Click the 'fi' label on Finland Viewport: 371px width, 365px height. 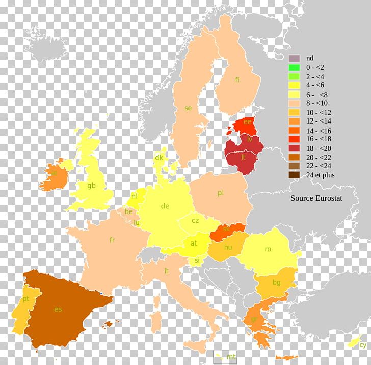coord(237,80)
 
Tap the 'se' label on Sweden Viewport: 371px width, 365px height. coord(188,108)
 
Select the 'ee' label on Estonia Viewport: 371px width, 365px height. coord(248,121)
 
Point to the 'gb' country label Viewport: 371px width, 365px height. coord(91,185)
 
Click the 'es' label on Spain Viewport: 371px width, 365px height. coord(58,309)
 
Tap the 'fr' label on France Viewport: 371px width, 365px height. coord(112,240)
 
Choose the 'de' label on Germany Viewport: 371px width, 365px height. coord(165,206)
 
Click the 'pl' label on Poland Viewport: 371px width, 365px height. coord(220,193)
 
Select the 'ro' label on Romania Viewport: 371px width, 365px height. coord(268,249)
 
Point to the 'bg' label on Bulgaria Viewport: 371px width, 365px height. coord(277,282)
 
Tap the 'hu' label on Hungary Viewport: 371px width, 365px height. coord(228,247)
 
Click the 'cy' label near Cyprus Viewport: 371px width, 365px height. coord(362,345)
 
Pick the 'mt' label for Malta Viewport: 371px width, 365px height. coord(232,356)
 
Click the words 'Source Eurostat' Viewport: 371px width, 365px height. coord(316,198)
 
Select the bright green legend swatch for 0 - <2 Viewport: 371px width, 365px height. coord(294,67)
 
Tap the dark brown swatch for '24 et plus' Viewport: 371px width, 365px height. coord(294,175)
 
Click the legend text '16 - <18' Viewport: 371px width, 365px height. coord(318,138)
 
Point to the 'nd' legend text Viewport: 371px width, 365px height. coord(310,58)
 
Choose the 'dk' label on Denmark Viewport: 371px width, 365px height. coord(159,158)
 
